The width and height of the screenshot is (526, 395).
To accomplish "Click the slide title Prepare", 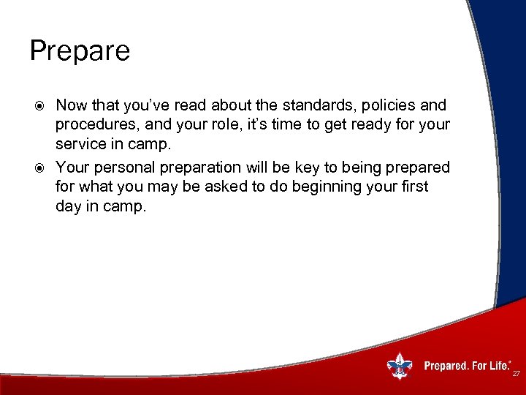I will tap(80, 51).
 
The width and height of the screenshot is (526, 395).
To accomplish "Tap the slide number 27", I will tap(515, 374).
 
